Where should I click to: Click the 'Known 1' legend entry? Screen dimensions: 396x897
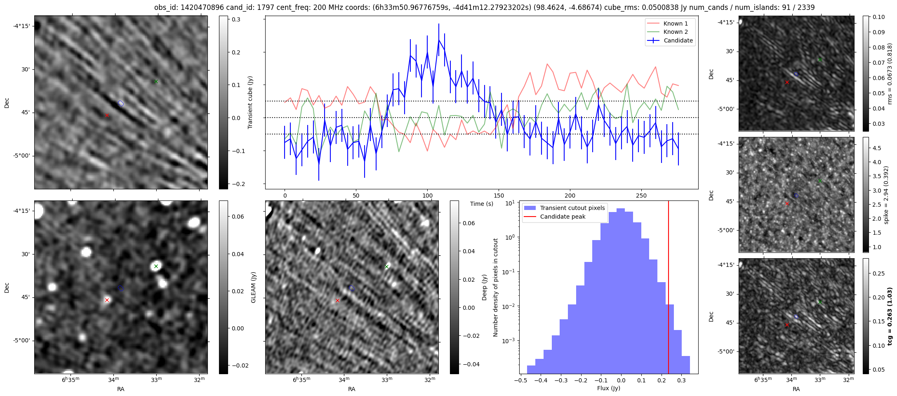(x=675, y=24)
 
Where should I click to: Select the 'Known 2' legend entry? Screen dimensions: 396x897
(x=675, y=32)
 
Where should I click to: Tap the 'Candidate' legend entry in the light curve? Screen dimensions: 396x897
(x=678, y=40)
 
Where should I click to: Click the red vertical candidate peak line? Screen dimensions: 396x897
(x=668, y=289)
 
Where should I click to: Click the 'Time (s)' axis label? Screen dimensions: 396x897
(x=482, y=204)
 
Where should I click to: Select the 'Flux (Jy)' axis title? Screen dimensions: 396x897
(x=608, y=388)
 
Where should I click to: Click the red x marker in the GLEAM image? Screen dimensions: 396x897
(x=107, y=300)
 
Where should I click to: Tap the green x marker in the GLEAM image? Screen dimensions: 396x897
(x=156, y=266)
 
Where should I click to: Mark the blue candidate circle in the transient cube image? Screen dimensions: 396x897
(x=120, y=104)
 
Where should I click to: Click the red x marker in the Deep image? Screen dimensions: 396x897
(x=337, y=301)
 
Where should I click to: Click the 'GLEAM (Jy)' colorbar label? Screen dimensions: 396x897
(x=253, y=287)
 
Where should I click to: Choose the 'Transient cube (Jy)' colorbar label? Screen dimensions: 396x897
(x=250, y=102)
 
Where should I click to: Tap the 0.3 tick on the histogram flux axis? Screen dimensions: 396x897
(x=681, y=380)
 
